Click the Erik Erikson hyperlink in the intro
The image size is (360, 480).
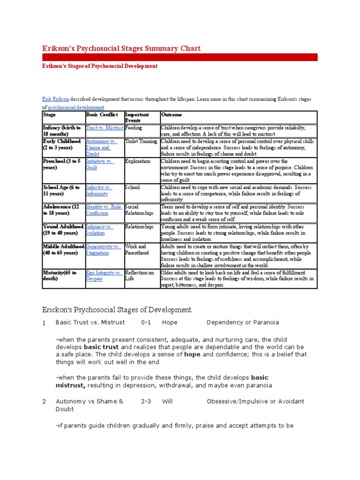point(56,100)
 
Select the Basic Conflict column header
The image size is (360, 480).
point(98,115)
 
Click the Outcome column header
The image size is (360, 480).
point(172,115)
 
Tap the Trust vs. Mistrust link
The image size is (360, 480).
point(105,127)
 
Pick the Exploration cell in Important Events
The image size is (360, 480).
point(137,161)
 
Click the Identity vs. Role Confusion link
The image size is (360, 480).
point(104,210)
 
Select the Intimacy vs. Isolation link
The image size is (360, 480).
point(99,230)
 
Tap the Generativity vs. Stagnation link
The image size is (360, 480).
point(103,249)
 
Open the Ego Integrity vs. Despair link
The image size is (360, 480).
point(104,276)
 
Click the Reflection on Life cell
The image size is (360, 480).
point(139,276)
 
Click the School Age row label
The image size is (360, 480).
point(61,190)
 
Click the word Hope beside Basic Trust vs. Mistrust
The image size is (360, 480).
point(170,322)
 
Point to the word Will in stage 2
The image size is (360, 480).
point(167,401)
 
